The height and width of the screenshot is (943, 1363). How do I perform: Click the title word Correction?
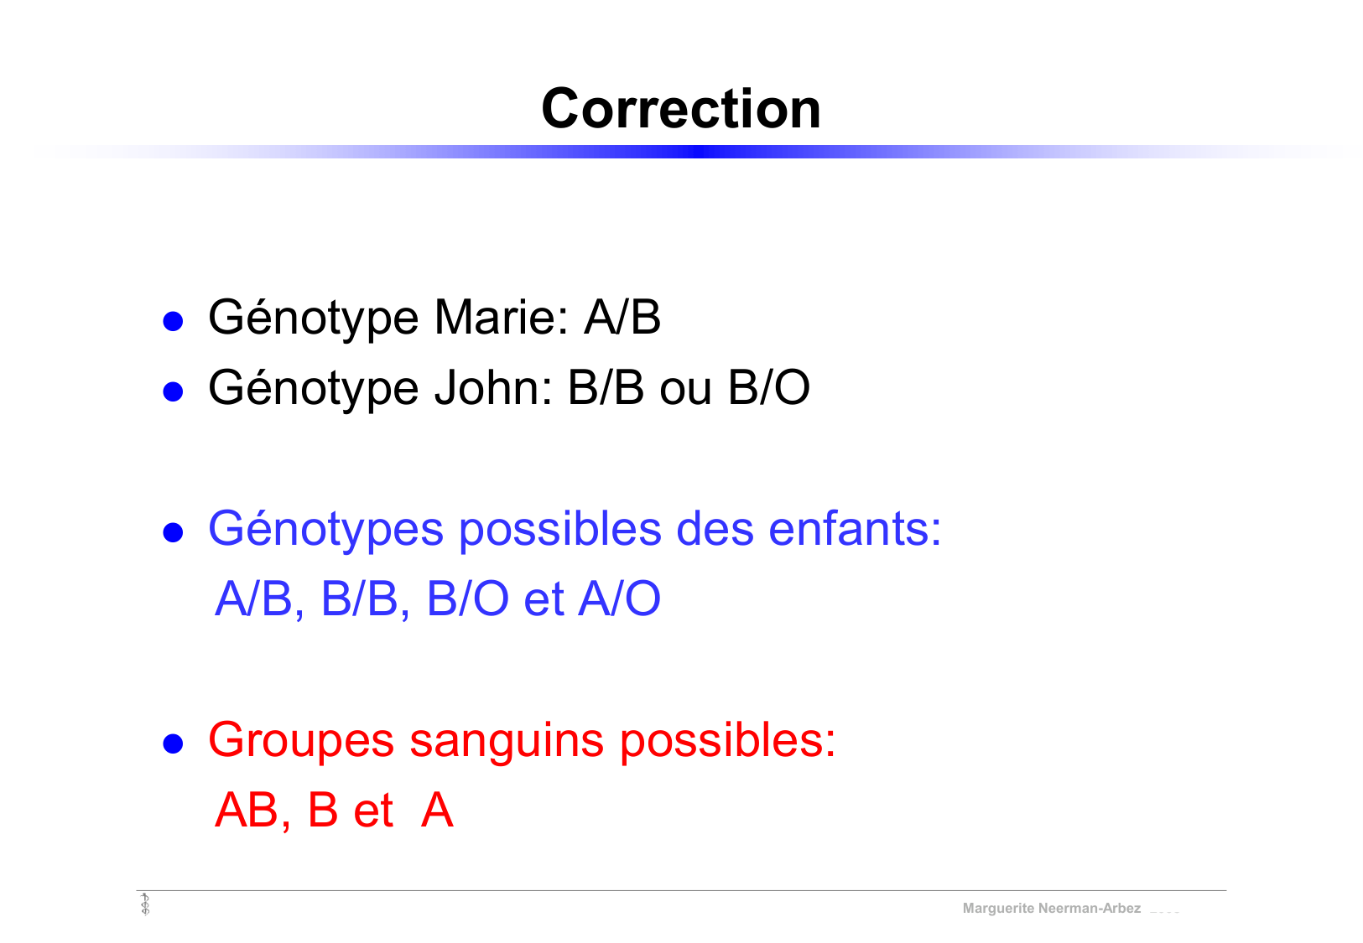680,109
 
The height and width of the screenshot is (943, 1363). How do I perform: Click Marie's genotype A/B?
622,318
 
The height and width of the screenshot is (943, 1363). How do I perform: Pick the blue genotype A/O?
619,599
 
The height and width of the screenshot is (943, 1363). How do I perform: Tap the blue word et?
544,599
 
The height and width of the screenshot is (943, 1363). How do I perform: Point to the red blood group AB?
246,811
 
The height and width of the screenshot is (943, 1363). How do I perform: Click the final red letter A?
437,811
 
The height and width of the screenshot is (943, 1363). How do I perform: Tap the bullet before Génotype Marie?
173,320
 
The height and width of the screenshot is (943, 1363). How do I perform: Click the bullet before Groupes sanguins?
173,743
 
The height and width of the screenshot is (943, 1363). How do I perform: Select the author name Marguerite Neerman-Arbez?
1051,909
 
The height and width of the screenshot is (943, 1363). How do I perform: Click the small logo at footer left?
145,904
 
